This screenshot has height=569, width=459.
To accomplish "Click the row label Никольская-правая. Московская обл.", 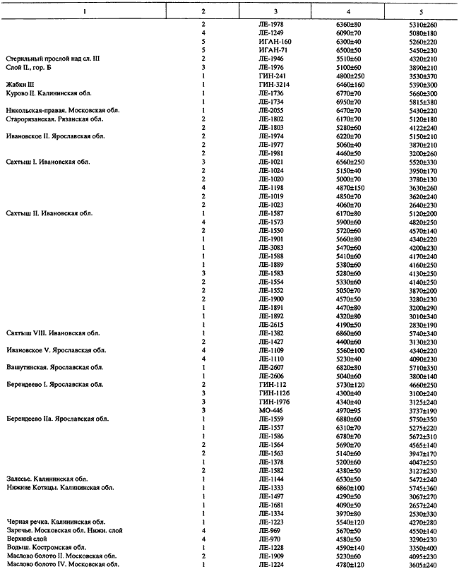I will click(x=51, y=110).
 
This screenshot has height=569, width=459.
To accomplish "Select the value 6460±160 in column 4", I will click(x=349, y=84).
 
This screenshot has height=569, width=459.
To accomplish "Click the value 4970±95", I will click(x=347, y=409).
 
